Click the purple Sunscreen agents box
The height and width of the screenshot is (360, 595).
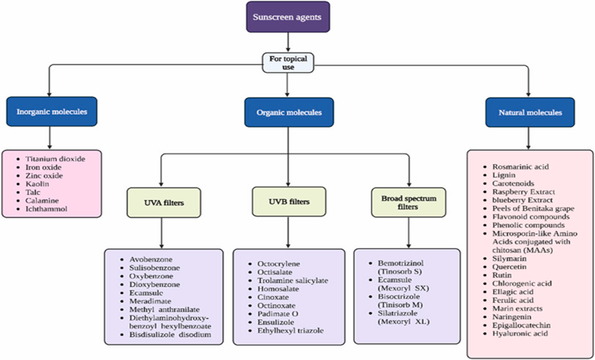pos(288,17)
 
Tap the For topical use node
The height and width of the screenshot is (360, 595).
pos(288,62)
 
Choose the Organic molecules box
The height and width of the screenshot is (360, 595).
pos(288,112)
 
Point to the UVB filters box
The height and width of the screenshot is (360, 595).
pos(288,202)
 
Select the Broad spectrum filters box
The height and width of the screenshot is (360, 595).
pos(408,202)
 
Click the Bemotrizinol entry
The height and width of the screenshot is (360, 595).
pos(401,263)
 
